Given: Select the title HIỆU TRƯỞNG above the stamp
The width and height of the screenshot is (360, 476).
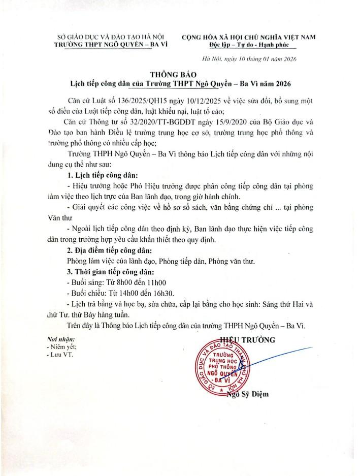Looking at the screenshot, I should (x=249, y=339).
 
